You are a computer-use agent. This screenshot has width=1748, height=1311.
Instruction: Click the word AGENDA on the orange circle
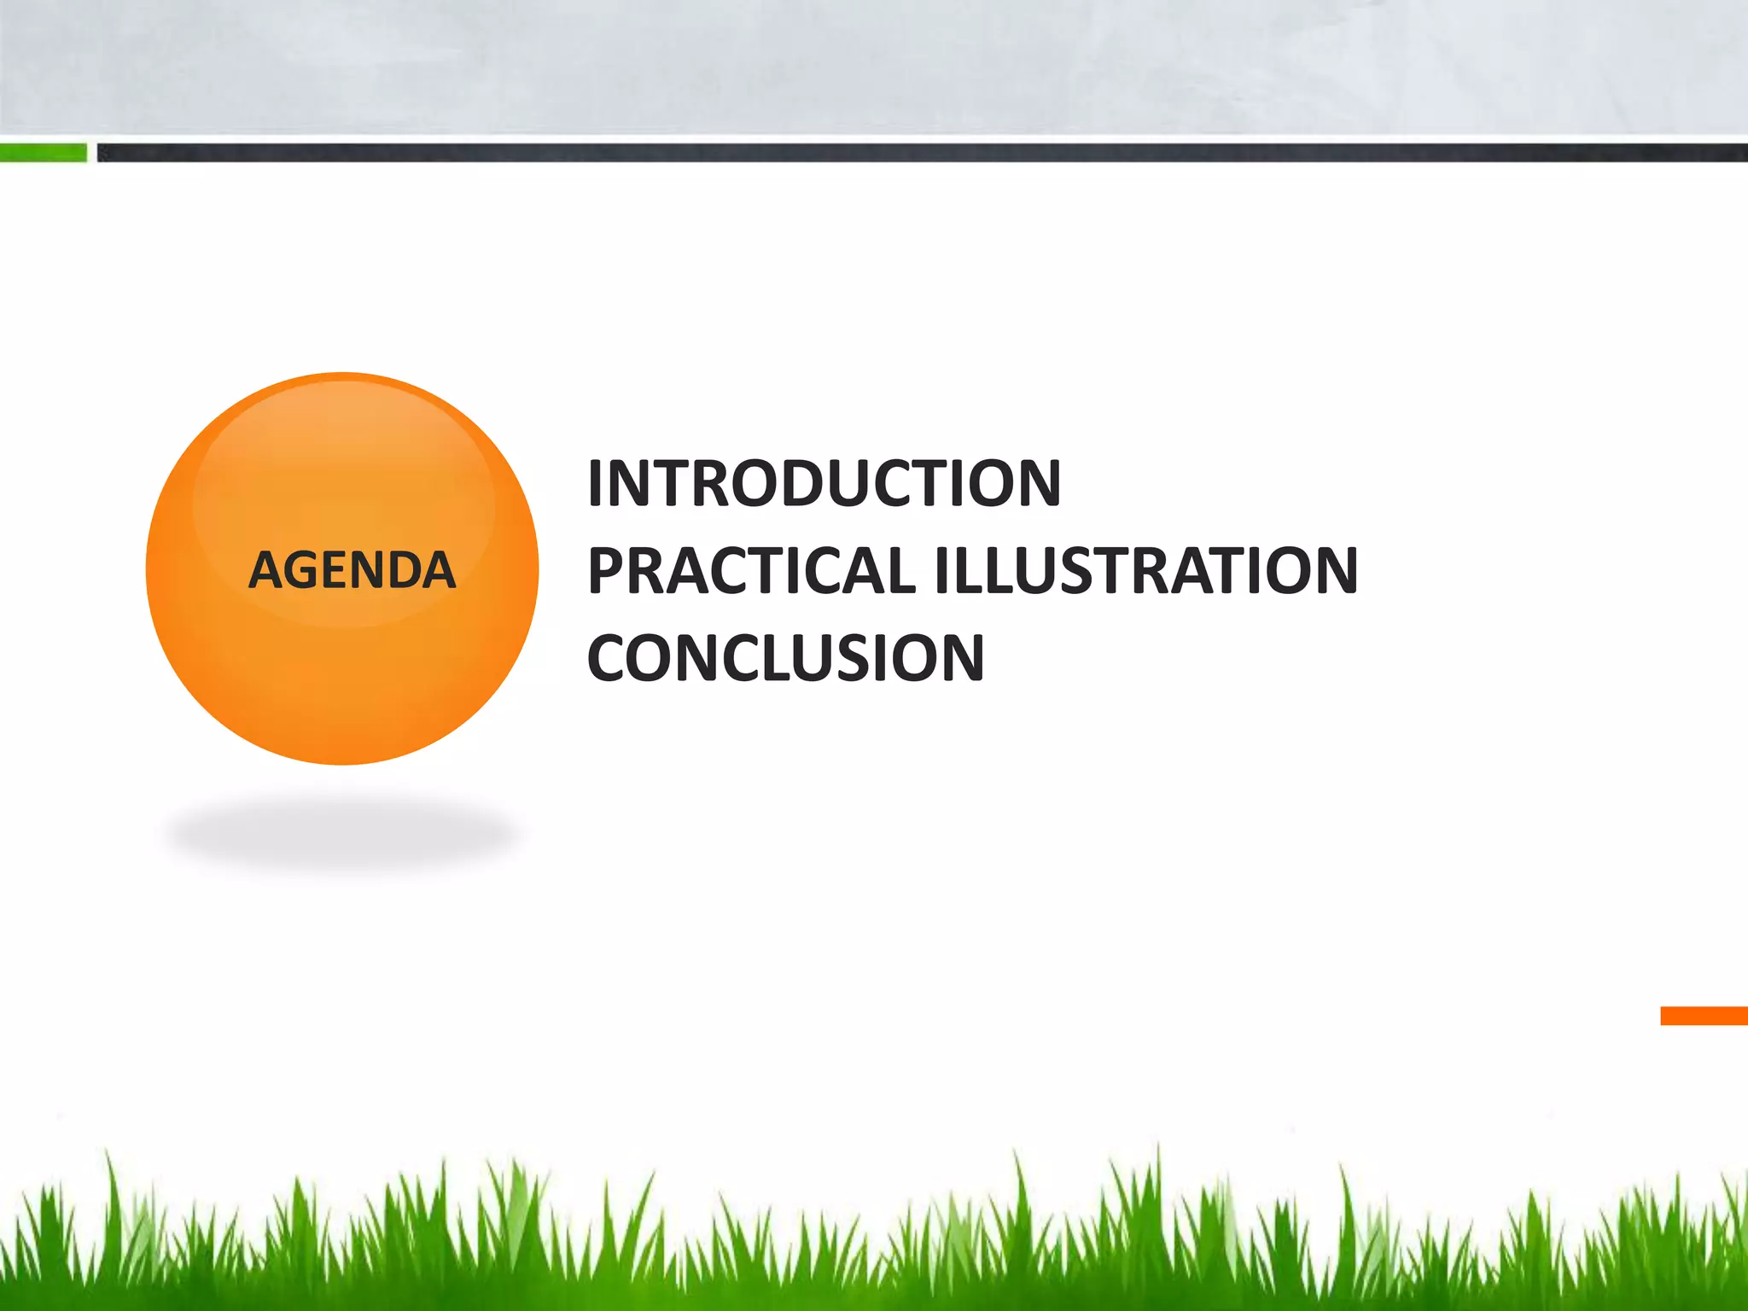pyautogui.click(x=352, y=570)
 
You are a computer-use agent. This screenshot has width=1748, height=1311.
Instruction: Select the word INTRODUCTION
pyautogui.click(x=824, y=483)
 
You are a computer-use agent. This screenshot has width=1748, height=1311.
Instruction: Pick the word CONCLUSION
pyautogui.click(x=785, y=658)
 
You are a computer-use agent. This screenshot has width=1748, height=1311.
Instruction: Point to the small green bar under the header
pyautogui.click(x=43, y=153)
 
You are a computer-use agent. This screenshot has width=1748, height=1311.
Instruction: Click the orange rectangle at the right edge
pyautogui.click(x=1704, y=1016)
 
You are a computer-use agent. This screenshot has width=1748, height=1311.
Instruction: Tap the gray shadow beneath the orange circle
pyautogui.click(x=341, y=832)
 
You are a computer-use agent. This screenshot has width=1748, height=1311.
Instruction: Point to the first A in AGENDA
pyautogui.click(x=266, y=570)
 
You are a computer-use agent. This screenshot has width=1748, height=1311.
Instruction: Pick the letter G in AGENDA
pyautogui.click(x=305, y=570)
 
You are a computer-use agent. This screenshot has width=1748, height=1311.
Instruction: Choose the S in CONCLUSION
pyautogui.click(x=857, y=658)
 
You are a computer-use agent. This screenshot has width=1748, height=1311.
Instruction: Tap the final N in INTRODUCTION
pyautogui.click(x=1036, y=483)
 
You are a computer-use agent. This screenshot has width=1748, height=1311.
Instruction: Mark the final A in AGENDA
pyautogui.click(x=437, y=570)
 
